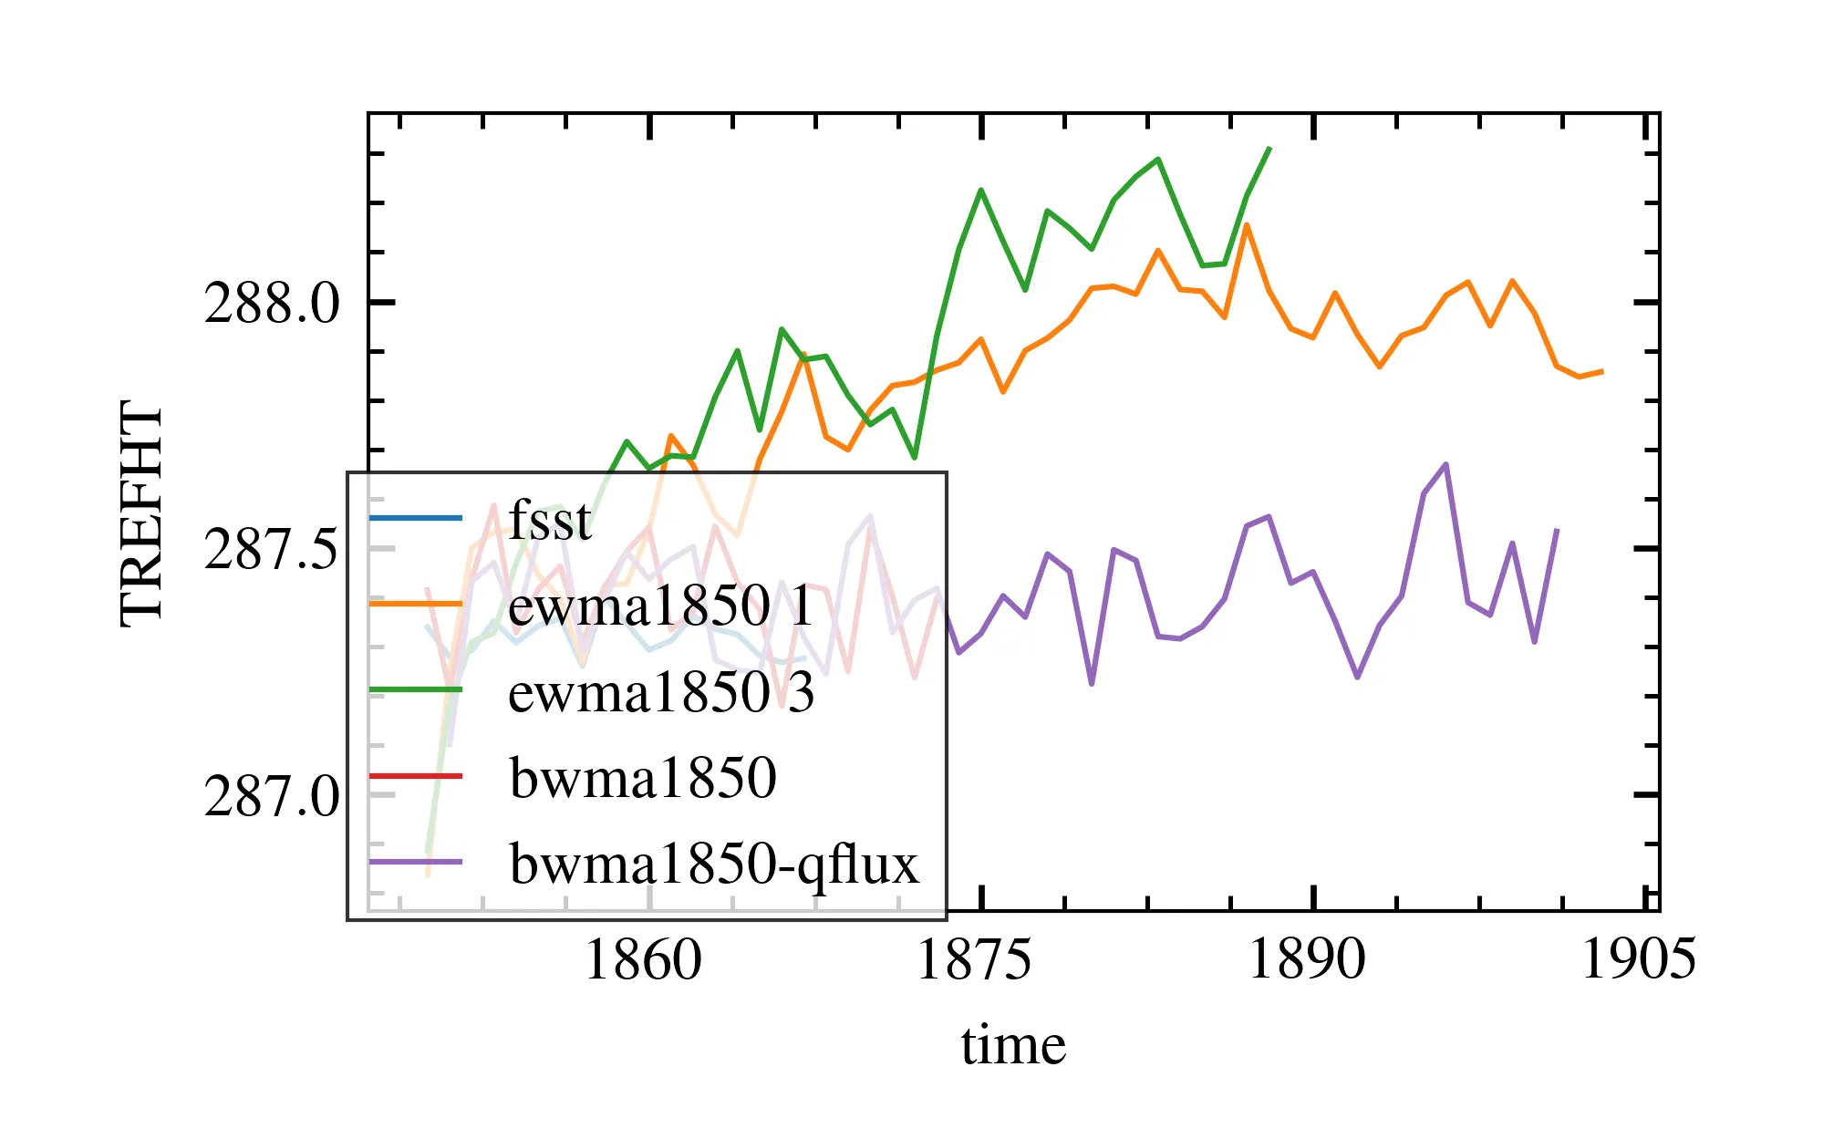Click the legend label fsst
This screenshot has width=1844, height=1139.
tap(550, 520)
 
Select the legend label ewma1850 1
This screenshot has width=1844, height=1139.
tap(660, 605)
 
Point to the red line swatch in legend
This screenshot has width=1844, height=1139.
tap(416, 776)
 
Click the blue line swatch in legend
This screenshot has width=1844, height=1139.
tap(416, 518)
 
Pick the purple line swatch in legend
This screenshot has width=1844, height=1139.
tap(416, 862)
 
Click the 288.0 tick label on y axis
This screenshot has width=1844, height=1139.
tap(271, 303)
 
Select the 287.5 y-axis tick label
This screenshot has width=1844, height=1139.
tap(271, 549)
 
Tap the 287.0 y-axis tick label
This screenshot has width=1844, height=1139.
tap(271, 795)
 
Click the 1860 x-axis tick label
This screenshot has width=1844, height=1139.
tap(643, 960)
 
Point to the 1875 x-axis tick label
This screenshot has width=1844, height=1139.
tap(974, 960)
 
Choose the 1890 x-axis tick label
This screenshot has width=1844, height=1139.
tap(1306, 960)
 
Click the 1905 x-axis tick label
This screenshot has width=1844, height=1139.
tap(1638, 960)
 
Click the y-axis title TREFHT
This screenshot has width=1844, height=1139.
tap(141, 513)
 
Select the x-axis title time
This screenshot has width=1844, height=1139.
tap(1013, 1045)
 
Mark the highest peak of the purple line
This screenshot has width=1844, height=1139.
tap(1446, 464)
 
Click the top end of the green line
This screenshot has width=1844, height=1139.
tap(1269, 148)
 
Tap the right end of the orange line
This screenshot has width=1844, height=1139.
tap(1602, 371)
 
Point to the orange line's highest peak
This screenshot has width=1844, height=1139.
tap(1247, 224)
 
